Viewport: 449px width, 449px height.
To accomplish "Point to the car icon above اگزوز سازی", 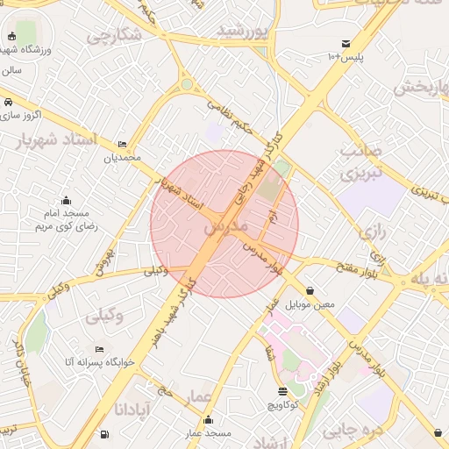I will tap(7, 103).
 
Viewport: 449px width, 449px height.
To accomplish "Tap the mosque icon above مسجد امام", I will tap(66, 200).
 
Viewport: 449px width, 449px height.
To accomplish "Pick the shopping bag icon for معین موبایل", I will tap(310, 291).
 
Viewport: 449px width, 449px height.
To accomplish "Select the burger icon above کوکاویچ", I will tap(282, 391).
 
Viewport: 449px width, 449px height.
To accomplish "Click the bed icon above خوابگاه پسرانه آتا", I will tap(98, 348).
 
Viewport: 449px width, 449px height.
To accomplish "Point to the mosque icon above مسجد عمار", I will tap(207, 420).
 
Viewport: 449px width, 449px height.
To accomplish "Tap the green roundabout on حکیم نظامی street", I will tap(186, 86).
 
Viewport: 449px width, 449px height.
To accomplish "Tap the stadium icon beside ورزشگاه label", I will tap(12, 37).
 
